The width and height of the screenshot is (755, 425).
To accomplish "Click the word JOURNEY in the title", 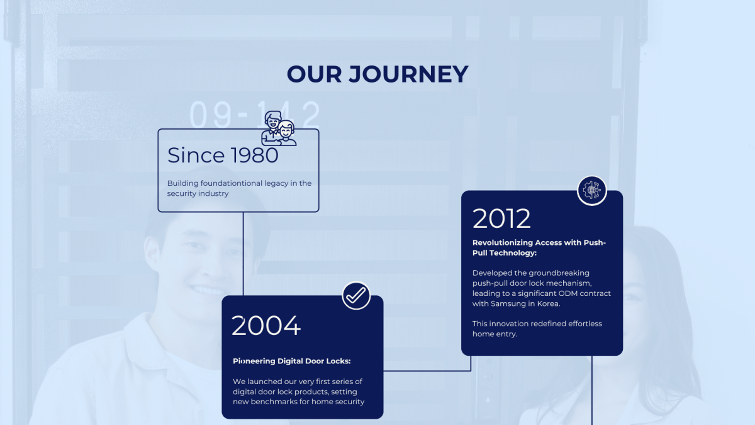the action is click(408, 74).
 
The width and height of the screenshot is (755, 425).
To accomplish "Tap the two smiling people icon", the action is click(279, 128).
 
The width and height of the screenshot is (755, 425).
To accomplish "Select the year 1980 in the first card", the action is click(255, 156).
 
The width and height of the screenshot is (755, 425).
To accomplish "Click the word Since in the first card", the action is click(196, 156).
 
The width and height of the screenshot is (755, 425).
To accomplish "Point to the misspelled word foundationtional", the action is click(232, 183).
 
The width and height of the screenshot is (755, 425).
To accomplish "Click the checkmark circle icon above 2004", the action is click(356, 295).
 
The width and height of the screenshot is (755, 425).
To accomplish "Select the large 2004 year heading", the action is click(266, 326).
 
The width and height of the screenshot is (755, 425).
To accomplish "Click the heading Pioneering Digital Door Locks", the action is click(292, 361).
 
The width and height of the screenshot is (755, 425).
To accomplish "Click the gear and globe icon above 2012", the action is click(592, 191).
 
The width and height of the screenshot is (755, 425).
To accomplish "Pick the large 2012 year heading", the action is click(501, 218).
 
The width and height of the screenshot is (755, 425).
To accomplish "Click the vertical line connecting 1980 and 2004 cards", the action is click(243, 254).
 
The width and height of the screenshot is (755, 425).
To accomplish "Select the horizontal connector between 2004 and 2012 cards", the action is click(427, 371).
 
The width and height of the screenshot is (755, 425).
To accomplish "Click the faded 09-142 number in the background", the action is click(255, 115).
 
